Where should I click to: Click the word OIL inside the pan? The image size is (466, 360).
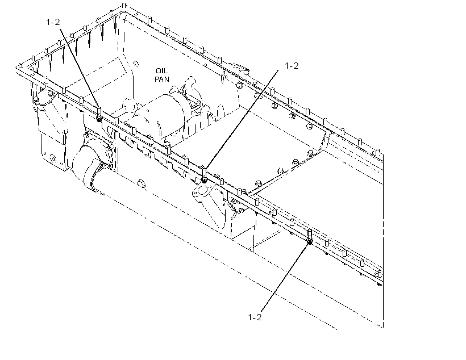pos(161,70)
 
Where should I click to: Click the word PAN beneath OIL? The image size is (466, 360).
pos(161,79)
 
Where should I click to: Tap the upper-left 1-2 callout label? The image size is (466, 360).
pos(53,22)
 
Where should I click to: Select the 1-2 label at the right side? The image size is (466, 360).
pos(292,66)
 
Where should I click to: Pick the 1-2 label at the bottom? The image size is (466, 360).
pos(255,317)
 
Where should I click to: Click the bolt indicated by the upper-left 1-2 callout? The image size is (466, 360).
pos(99,114)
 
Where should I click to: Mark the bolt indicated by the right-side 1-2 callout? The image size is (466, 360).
pos(204,175)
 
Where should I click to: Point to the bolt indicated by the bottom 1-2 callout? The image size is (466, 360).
pos(310,237)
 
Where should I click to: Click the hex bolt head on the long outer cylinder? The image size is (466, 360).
pos(142,183)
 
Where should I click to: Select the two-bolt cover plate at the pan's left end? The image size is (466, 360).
pos(45,98)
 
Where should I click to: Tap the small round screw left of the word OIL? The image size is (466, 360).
pos(136,64)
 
